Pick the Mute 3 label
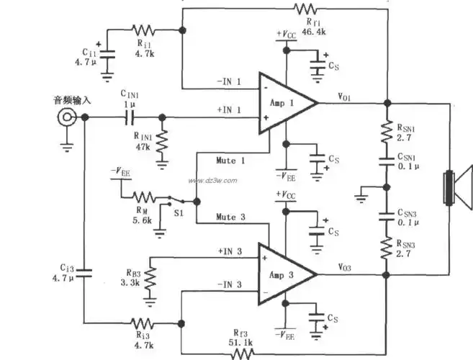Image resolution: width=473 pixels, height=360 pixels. coord(232,216)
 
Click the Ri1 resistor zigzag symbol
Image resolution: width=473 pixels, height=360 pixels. coord(143,30)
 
